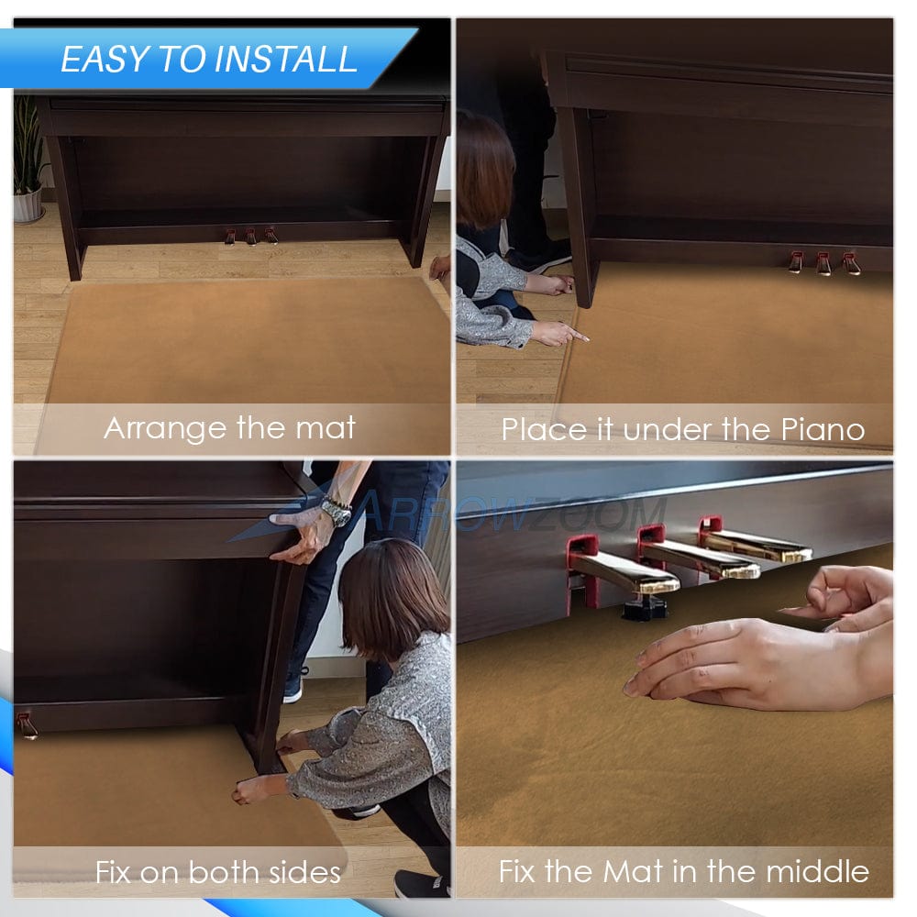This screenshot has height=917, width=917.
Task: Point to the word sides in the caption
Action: [x=304, y=873]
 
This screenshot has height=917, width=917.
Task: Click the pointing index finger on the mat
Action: [x=576, y=335]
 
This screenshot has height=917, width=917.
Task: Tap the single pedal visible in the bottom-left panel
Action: [x=27, y=725]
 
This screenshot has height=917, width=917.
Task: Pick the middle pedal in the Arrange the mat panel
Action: [x=251, y=237]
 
